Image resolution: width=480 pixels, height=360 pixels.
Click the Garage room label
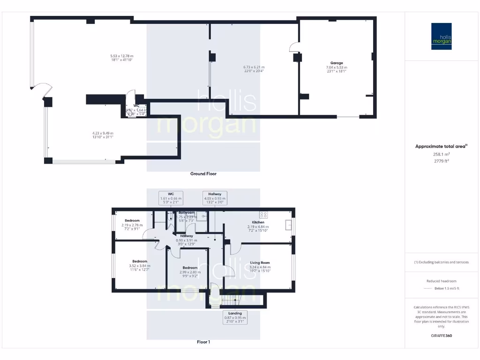[x=337, y=63]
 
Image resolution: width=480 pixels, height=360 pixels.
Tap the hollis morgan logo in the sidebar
[x=441, y=36]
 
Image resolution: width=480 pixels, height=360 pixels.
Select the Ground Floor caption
[x=203, y=173]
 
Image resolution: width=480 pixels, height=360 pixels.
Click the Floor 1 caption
[x=203, y=342]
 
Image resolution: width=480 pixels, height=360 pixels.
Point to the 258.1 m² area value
[x=441, y=154]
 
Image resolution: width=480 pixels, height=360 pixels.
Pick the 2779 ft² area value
[x=441, y=161]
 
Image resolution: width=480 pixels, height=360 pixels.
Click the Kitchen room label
[x=258, y=222]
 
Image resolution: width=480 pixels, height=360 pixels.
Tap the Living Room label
[x=259, y=262]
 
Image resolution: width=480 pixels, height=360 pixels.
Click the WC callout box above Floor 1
[x=171, y=198]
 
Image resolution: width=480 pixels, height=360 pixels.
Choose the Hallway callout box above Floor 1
[x=215, y=198]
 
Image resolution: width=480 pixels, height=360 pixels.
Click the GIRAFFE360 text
[x=441, y=336]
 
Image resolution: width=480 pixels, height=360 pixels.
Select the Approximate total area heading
[x=441, y=147]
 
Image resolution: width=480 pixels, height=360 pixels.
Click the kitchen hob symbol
[x=263, y=215]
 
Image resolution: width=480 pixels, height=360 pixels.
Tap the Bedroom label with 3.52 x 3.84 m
[x=140, y=261]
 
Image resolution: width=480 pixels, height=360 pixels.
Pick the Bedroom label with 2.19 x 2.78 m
[x=132, y=220]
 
